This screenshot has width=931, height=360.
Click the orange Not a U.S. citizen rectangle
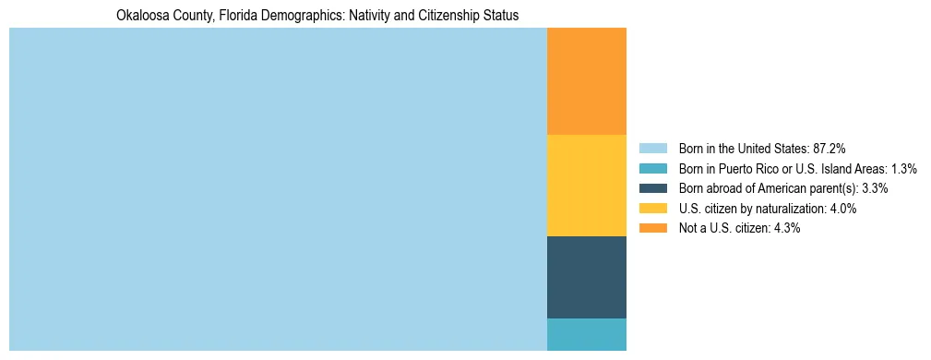click(x=586, y=81)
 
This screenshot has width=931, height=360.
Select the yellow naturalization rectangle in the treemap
click(x=586, y=186)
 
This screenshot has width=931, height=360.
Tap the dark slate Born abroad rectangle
click(x=586, y=277)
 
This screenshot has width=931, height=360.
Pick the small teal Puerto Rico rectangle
click(x=586, y=334)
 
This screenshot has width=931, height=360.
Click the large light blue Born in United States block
click(x=277, y=189)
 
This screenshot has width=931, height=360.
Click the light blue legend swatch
click(x=652, y=148)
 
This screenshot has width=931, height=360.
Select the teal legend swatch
click(x=652, y=168)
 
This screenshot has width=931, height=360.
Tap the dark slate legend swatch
click(x=652, y=188)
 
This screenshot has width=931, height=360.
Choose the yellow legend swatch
click(x=652, y=209)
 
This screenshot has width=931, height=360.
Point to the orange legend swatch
click(x=652, y=228)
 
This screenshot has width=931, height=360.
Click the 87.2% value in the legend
click(x=829, y=148)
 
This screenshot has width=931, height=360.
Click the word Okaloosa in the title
click(x=142, y=16)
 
